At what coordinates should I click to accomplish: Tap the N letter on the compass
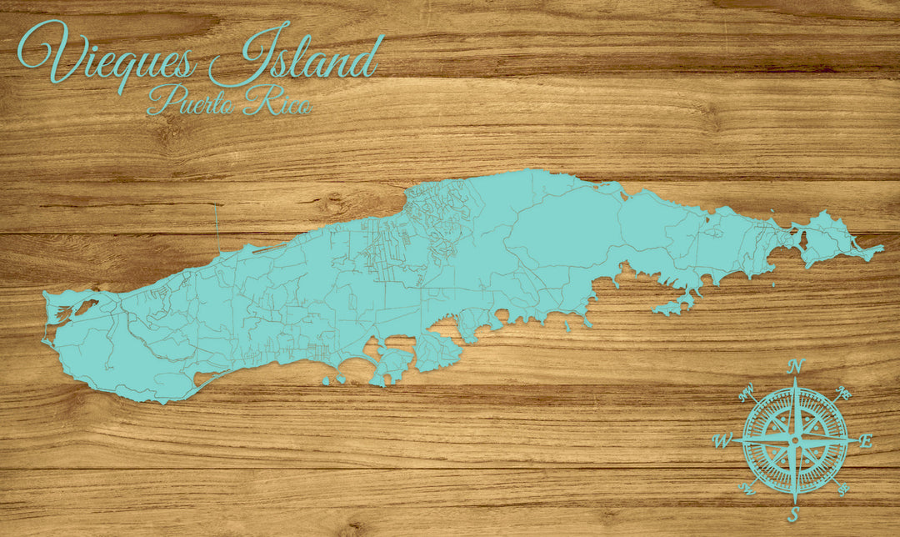[796, 366]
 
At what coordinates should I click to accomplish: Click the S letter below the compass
[794, 514]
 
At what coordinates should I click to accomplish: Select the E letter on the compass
[865, 441]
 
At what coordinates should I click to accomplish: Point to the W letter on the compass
[722, 440]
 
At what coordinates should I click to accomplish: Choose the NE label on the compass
[842, 392]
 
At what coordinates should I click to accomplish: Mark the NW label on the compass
[746, 389]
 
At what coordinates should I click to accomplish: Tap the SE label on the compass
[843, 489]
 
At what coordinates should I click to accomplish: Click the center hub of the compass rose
[794, 439]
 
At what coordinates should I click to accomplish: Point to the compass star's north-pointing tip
[795, 381]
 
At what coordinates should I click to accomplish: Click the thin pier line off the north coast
[216, 225]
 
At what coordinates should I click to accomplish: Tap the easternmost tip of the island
[882, 248]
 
